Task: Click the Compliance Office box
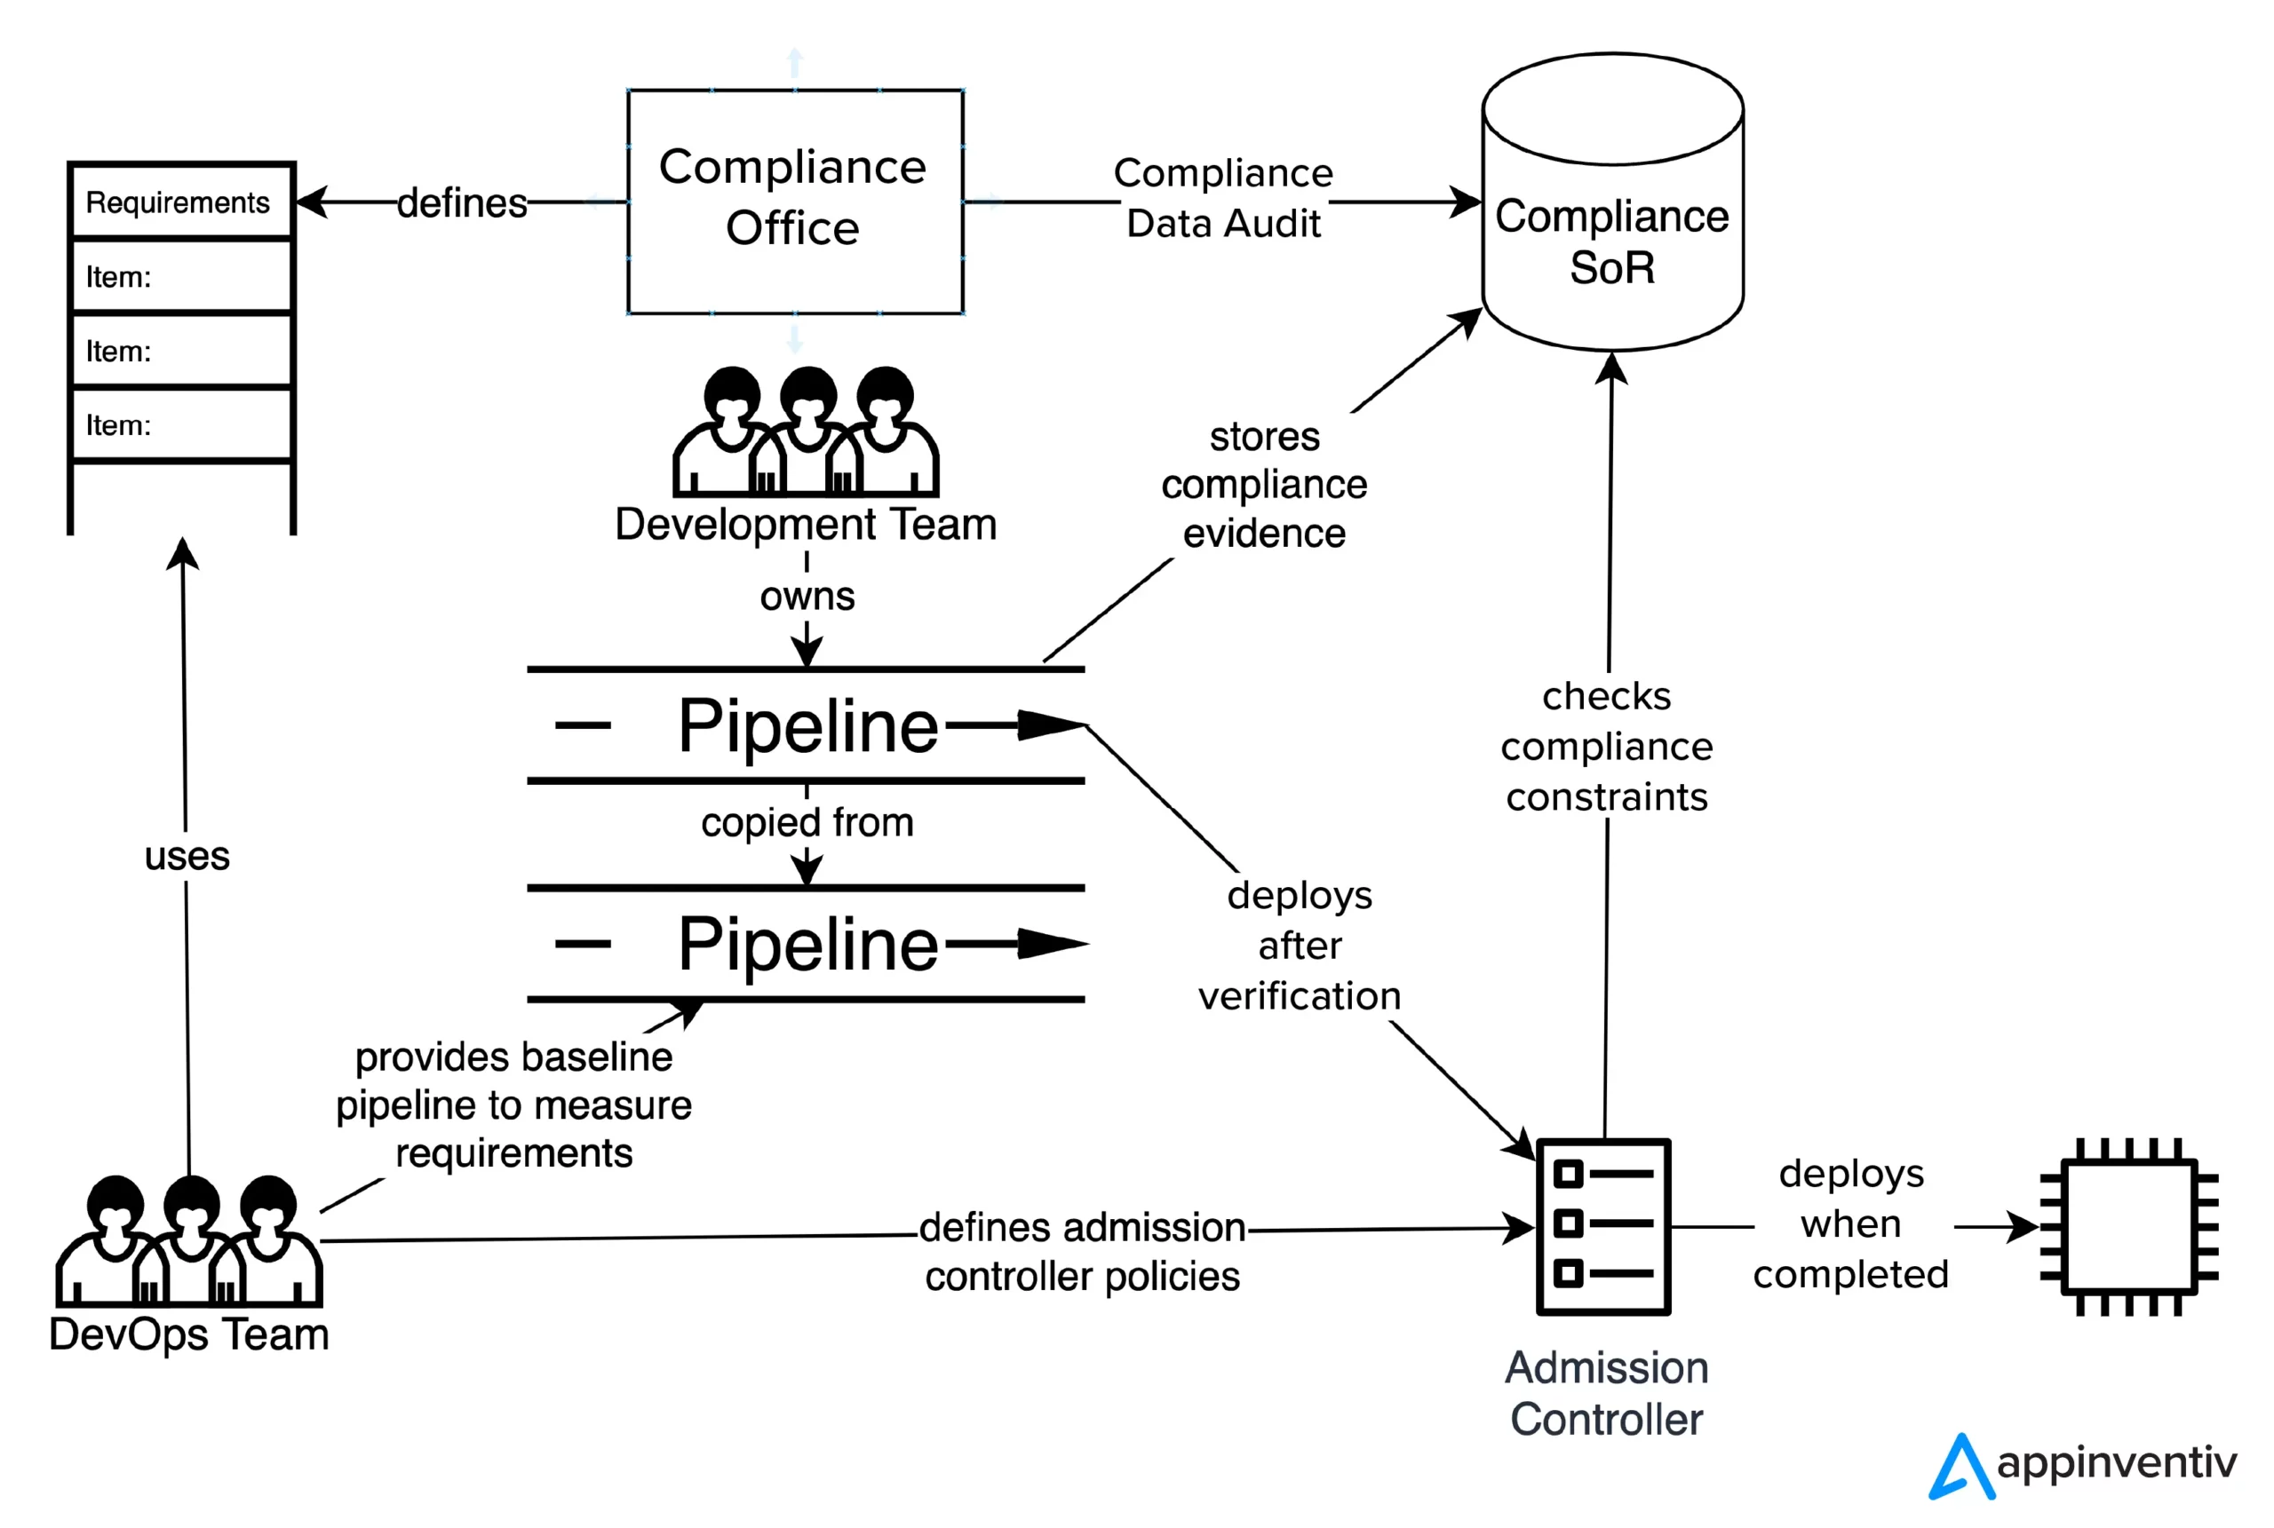point(794,201)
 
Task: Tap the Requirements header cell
point(179,202)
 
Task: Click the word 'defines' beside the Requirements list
point(461,202)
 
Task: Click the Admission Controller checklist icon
point(1602,1226)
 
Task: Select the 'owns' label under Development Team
point(807,596)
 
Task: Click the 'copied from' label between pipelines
point(807,821)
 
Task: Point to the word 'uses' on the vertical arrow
point(187,856)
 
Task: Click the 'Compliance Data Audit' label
point(1223,198)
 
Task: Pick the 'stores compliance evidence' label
point(1264,484)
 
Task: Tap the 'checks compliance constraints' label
point(1606,747)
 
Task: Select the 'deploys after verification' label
point(1300,946)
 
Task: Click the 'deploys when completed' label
point(1850,1224)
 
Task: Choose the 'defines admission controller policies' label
point(1082,1251)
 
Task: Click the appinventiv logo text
point(2115,1462)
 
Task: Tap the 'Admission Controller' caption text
point(1606,1394)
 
